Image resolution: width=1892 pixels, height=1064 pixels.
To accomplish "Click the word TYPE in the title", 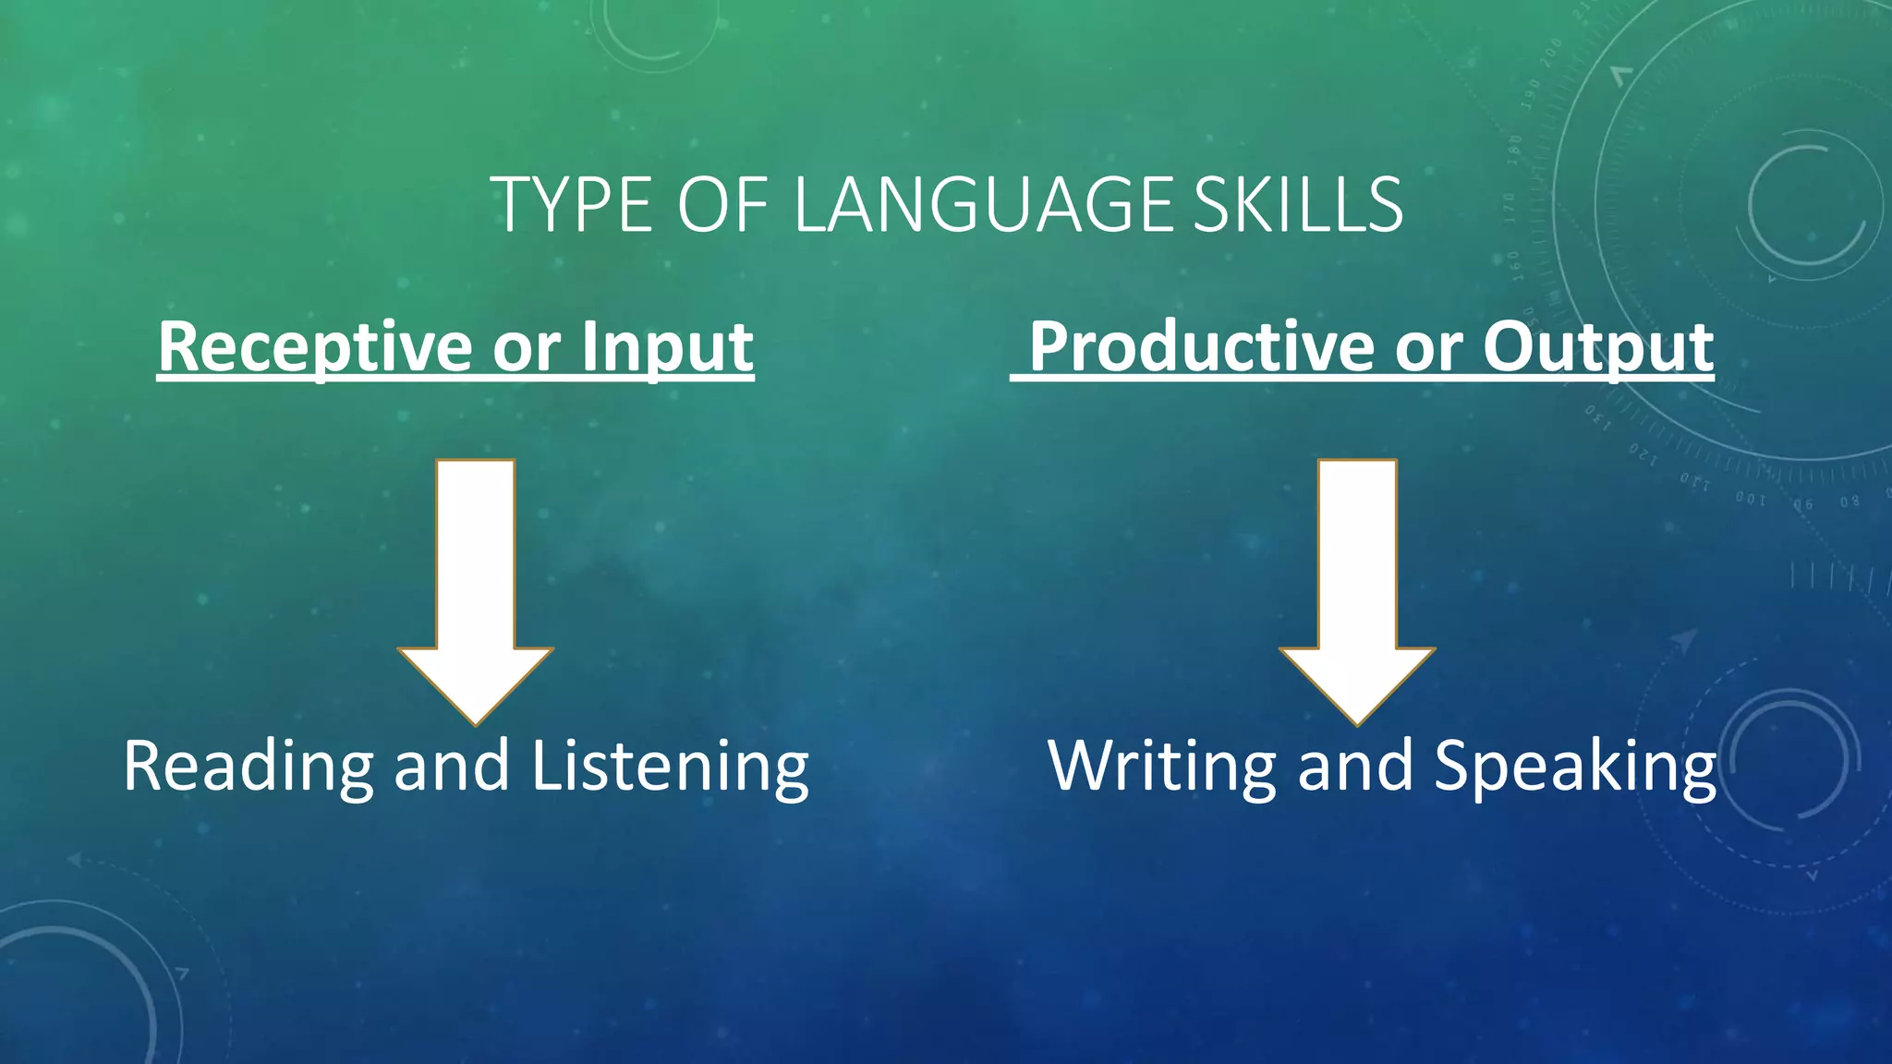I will tap(576, 204).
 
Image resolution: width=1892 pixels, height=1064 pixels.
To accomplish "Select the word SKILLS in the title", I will tap(1297, 204).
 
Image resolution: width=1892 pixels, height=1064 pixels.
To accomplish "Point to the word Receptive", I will tap(316, 348).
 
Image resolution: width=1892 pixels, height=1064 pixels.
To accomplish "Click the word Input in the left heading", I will tap(667, 348).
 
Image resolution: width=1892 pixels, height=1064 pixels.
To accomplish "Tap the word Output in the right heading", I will tap(1598, 348).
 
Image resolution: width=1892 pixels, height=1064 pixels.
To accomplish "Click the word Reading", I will tap(248, 767).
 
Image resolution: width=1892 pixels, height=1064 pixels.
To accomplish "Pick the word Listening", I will tap(670, 767).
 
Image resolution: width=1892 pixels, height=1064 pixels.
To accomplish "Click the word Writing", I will tap(1162, 767).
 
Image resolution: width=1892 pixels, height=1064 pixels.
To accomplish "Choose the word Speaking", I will tap(1575, 767).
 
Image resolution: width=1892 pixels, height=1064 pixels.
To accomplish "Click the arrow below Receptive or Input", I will tap(475, 591).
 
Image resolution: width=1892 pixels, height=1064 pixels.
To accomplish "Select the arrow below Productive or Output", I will tap(1357, 591).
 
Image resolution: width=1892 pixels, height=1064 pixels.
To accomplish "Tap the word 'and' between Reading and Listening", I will tap(452, 767).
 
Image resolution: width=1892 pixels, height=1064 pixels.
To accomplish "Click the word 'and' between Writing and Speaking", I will tap(1355, 767).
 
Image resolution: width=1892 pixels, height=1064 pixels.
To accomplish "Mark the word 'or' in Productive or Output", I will tap(1429, 348).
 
